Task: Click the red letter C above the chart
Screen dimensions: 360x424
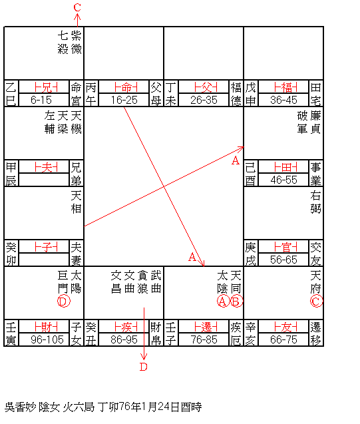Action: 77,7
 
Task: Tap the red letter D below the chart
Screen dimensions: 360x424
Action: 144,367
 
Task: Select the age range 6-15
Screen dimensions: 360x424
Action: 41,100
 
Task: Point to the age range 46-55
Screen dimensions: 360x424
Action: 283,180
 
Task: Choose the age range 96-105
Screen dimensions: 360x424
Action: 47,339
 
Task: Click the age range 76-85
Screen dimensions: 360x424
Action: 204,339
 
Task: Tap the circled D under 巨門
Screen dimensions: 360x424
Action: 64,302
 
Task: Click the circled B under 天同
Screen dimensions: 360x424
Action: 236,302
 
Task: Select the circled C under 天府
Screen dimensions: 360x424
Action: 316,302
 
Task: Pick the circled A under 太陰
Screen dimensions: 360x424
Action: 223,302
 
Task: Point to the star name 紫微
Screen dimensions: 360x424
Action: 77,43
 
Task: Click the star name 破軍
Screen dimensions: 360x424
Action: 303,122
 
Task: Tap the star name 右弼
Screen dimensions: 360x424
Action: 315,202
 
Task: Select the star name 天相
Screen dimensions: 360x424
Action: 77,202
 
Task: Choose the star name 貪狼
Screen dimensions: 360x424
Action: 142,282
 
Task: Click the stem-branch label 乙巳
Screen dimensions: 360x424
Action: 11,94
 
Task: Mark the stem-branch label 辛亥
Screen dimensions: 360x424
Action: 251,333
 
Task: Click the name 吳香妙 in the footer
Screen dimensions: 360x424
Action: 20,407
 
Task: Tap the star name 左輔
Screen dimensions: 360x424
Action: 50,122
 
